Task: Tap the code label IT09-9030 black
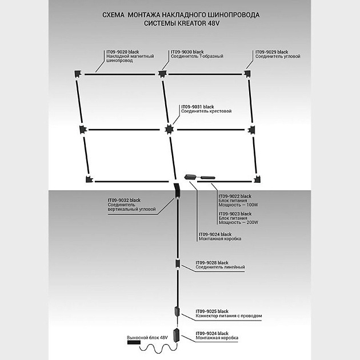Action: (x=187, y=52)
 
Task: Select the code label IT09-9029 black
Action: (x=271, y=52)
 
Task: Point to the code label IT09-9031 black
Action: (x=197, y=107)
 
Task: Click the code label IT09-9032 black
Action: (x=123, y=201)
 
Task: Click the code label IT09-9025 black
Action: (x=212, y=311)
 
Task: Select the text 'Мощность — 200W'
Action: (x=239, y=222)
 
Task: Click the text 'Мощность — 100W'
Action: (x=239, y=205)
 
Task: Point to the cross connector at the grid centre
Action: (x=169, y=129)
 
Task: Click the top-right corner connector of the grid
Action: (x=248, y=73)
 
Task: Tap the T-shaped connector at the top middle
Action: (x=163, y=74)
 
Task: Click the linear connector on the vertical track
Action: (x=178, y=265)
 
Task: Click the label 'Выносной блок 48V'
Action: (x=144, y=338)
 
